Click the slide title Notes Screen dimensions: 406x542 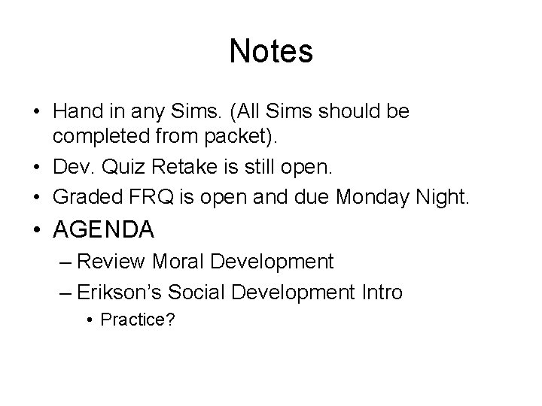pyautogui.click(x=271, y=51)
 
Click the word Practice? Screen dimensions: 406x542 pyautogui.click(x=138, y=320)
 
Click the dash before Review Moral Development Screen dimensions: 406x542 pyautogui.click(x=65, y=262)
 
